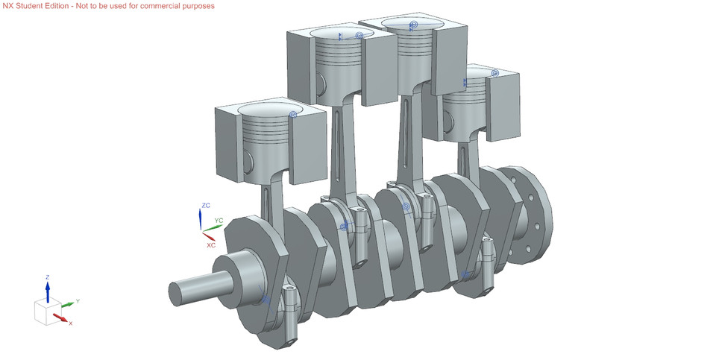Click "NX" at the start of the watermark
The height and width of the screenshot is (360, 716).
coord(8,6)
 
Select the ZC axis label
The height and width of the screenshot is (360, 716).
coord(206,205)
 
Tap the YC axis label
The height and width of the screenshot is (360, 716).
coord(219,221)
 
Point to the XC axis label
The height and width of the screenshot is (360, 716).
coord(211,244)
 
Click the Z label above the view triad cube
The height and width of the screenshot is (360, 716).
coord(47,277)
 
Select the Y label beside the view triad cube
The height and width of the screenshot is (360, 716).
coord(78,301)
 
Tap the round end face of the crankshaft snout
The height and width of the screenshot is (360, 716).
coord(176,294)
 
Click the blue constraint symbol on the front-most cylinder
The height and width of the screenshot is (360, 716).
coord(293,115)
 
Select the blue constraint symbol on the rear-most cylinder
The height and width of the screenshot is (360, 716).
coord(494,73)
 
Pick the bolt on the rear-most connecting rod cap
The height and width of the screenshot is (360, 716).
coord(488,257)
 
